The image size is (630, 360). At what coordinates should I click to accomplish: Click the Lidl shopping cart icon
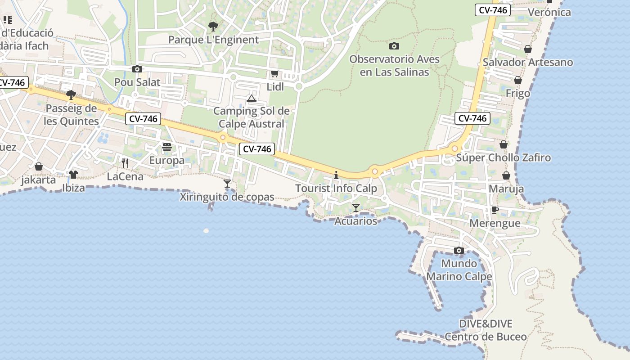click(274, 74)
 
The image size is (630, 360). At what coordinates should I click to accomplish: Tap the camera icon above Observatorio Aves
click(394, 46)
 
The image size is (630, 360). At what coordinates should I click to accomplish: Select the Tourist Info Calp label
click(336, 189)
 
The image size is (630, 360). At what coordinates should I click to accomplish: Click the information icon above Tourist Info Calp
click(336, 175)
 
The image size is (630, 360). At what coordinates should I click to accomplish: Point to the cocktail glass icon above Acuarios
click(356, 207)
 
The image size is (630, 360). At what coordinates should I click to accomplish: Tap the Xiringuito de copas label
click(227, 197)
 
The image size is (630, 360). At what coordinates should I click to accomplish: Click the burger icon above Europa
click(167, 147)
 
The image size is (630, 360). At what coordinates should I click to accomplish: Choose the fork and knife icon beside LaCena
click(125, 163)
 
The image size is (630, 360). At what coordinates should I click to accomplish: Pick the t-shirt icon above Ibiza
click(73, 174)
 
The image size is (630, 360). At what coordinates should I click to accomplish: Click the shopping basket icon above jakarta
click(39, 166)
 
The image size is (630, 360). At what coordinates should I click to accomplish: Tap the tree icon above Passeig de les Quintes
click(71, 94)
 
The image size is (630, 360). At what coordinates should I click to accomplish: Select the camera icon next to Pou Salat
click(137, 69)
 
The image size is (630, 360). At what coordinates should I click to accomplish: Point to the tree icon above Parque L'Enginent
click(213, 26)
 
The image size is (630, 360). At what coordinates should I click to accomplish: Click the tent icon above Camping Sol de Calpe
click(252, 98)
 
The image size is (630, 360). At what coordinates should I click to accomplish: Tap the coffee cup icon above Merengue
click(495, 210)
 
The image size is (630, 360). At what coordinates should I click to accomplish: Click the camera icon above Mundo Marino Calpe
click(459, 250)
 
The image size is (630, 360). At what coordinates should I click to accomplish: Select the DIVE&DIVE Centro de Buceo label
click(486, 330)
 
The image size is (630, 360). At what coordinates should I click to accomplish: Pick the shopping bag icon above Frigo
click(518, 80)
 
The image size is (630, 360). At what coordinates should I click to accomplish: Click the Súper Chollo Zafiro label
click(504, 158)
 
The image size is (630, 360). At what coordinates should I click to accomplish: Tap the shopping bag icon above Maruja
click(506, 175)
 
